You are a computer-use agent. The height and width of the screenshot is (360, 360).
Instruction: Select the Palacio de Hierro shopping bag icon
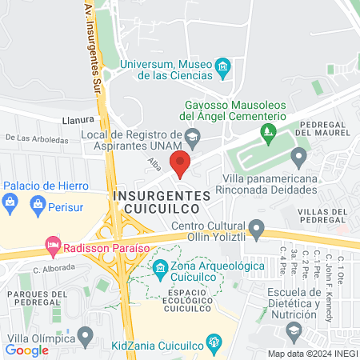pos(9,202)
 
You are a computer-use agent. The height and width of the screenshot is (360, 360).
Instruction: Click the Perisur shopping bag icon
pos(36,208)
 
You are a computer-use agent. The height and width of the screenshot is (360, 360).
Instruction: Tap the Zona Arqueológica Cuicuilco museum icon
pos(160,267)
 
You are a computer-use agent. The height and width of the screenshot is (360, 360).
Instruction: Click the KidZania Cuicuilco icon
pos(214,342)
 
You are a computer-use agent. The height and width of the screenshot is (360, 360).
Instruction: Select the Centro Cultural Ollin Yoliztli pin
pos(256,231)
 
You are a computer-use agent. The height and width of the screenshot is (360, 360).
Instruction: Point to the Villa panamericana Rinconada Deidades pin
pos(299,155)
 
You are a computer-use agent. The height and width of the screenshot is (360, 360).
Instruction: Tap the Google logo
pos(26,350)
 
